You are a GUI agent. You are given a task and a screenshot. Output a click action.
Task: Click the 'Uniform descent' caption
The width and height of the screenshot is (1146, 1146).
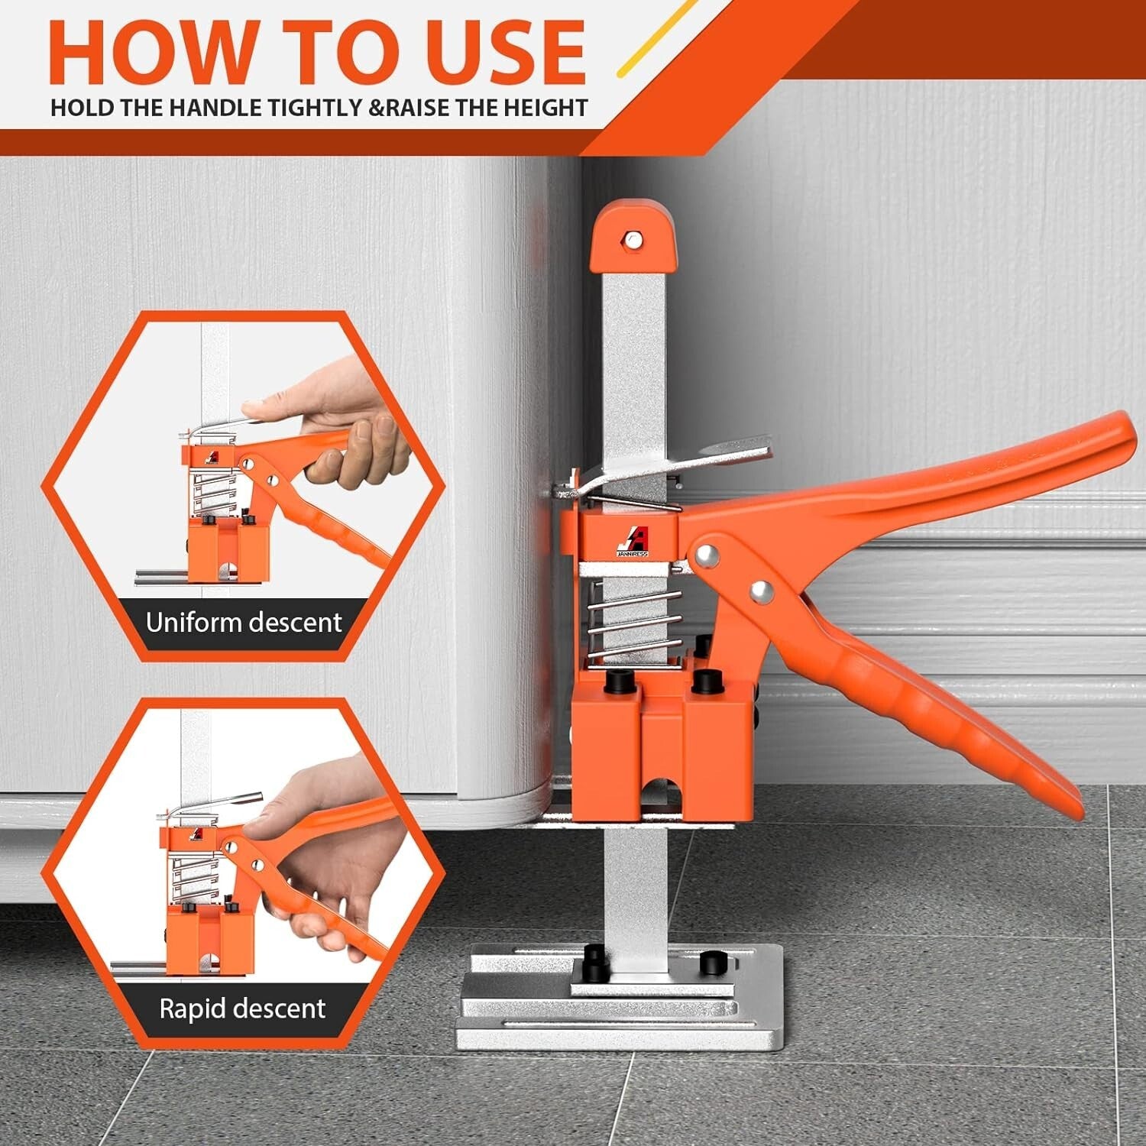(x=244, y=623)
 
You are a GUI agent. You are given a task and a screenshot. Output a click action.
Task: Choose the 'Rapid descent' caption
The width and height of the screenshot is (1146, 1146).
(x=242, y=1008)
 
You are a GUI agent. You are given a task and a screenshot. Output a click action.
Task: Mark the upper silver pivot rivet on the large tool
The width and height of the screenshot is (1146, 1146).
(x=707, y=555)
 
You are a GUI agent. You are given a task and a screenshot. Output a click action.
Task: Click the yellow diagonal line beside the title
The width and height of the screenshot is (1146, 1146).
(x=656, y=38)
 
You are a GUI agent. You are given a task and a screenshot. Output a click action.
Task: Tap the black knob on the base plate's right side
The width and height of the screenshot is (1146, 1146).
(x=710, y=961)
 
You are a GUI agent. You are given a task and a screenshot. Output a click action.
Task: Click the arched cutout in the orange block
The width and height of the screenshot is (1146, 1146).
(x=662, y=795)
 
